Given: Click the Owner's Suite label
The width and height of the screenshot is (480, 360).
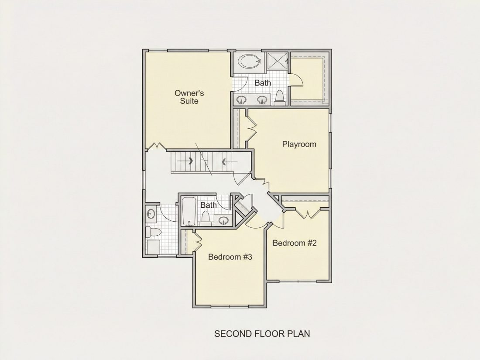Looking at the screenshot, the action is (x=189, y=97).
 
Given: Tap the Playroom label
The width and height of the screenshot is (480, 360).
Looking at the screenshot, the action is (x=299, y=144).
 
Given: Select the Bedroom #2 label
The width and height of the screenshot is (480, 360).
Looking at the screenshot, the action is (x=295, y=243).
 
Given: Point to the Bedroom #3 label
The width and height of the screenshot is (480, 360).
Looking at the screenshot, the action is (x=230, y=257).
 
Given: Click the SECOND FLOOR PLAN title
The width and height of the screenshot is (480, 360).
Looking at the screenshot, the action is (x=262, y=333).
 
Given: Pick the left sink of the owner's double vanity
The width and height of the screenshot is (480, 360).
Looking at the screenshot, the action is (x=242, y=99).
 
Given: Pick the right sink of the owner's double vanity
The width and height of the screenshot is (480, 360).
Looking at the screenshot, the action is (x=262, y=99).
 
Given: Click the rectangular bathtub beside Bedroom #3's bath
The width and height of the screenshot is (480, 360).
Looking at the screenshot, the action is (x=189, y=212).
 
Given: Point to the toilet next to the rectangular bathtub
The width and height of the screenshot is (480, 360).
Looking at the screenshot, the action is (x=205, y=219).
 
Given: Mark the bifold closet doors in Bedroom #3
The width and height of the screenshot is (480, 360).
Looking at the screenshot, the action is (x=197, y=240).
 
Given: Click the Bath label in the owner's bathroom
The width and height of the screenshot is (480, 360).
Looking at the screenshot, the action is (x=263, y=83).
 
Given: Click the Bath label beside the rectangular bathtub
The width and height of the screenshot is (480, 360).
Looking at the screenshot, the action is (x=209, y=205).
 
